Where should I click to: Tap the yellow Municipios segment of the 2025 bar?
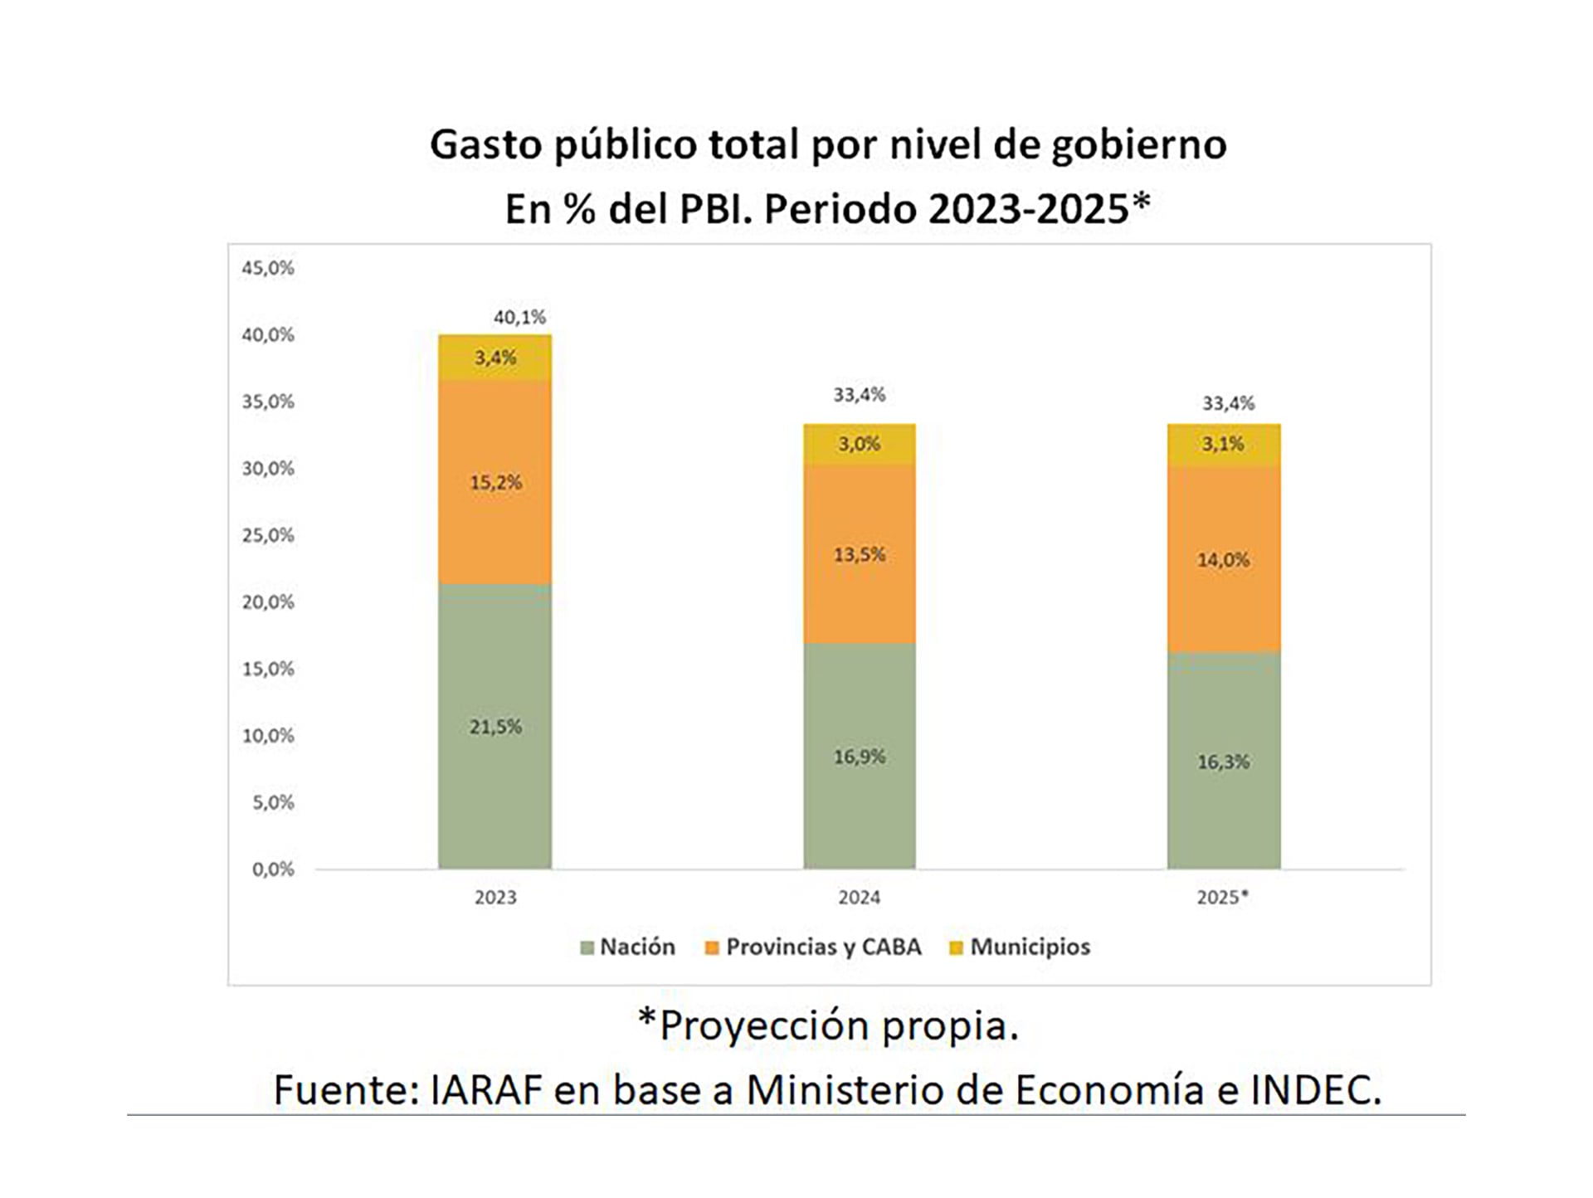(1223, 444)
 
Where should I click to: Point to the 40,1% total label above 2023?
(519, 317)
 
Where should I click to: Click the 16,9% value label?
(859, 757)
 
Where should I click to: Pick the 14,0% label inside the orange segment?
(1223, 560)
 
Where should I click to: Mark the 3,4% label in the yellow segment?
(494, 358)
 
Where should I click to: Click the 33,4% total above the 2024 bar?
(859, 395)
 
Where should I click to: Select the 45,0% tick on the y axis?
(267, 268)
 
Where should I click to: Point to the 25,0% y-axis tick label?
(267, 535)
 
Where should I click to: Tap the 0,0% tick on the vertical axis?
(272, 869)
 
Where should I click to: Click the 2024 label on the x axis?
(859, 898)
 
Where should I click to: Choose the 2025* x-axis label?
(1222, 898)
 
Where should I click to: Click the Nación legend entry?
(636, 947)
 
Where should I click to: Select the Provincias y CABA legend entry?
(822, 947)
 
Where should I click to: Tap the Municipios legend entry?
(1029, 947)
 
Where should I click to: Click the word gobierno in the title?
(1138, 146)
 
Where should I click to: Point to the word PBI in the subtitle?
(714, 209)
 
